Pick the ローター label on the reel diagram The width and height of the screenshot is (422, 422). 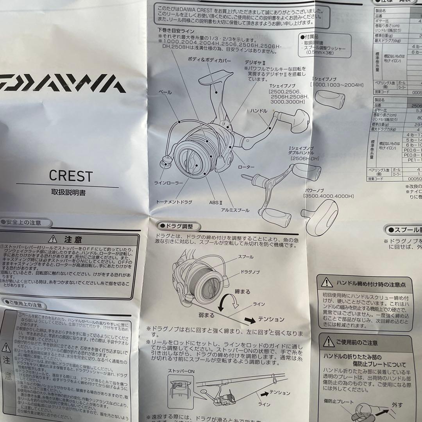pos(246,166)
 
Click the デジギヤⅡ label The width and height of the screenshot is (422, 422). pos(255,62)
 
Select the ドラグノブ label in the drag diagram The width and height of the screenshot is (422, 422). pos(250,271)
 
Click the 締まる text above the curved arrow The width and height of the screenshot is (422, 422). pos(242,291)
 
